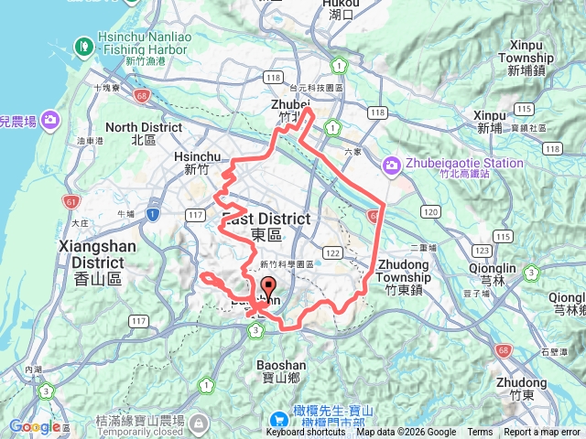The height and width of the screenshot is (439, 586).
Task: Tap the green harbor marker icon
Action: tap(83, 43)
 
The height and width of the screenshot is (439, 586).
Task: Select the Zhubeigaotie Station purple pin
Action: tap(393, 165)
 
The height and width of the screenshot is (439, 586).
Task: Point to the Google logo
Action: tap(35, 426)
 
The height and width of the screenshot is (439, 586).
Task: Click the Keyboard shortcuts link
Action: tap(306, 433)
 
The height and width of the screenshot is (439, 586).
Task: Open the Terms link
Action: tap(480, 433)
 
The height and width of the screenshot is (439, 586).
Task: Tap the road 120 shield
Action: tap(430, 212)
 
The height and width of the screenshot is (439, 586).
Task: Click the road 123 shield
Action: tap(479, 249)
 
